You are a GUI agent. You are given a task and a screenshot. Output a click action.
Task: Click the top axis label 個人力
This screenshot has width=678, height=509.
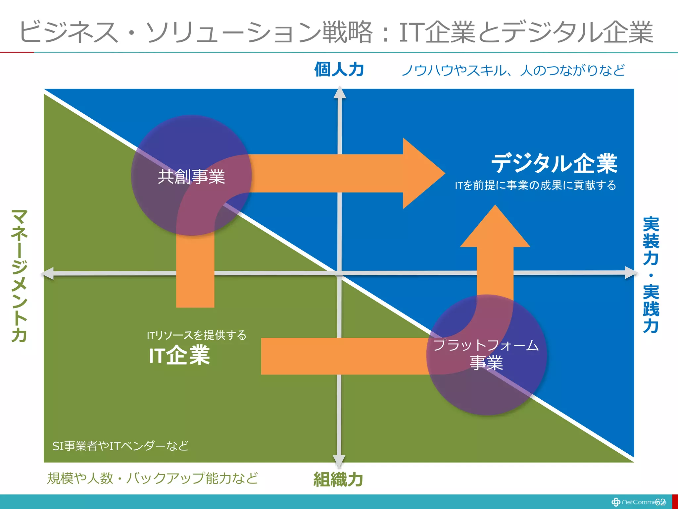click(339, 70)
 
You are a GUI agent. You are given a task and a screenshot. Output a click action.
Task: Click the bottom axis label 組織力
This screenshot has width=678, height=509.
click(338, 479)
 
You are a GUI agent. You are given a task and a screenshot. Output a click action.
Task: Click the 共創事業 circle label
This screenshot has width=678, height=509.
click(191, 176)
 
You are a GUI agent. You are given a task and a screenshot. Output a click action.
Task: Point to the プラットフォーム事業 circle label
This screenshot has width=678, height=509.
click(486, 354)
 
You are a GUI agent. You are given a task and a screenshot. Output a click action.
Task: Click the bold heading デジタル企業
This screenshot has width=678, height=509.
click(554, 163)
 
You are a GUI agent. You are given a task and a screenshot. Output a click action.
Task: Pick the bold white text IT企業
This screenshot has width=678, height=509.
click(179, 355)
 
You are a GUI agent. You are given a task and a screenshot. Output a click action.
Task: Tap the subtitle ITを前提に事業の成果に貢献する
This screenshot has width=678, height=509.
click(535, 185)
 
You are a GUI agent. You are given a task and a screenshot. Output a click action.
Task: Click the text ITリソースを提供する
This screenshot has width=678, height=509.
click(197, 335)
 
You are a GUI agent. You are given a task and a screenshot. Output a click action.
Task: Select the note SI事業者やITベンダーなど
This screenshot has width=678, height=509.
click(121, 446)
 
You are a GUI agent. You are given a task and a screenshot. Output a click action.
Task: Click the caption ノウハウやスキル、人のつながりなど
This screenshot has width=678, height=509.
click(513, 70)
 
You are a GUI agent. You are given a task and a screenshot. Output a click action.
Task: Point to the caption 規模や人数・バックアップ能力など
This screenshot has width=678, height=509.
click(152, 478)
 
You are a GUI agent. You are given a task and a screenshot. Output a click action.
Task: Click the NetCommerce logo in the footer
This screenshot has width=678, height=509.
click(637, 502)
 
